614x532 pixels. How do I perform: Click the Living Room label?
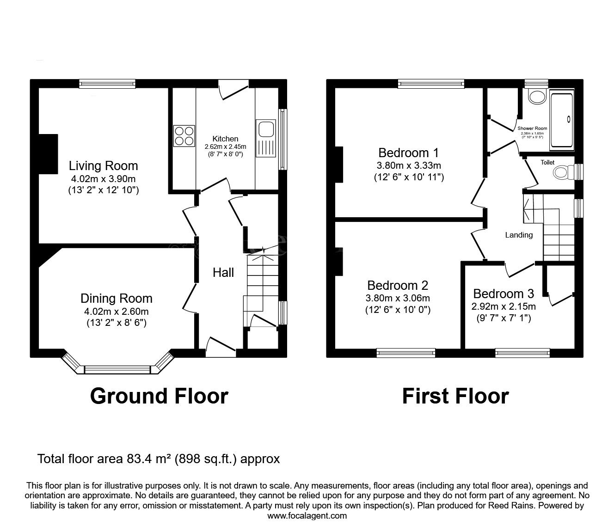(103, 165)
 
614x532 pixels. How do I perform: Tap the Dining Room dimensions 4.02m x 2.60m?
(116, 311)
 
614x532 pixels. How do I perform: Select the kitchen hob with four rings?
(184, 136)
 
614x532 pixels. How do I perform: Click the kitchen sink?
(265, 129)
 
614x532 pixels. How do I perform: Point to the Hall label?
(223, 273)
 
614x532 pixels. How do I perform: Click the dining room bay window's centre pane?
(117, 369)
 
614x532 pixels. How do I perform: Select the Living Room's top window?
(107, 83)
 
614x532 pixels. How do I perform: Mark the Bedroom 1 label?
(408, 153)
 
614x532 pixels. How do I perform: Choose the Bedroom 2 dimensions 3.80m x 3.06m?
(398, 298)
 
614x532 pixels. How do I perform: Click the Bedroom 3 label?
(503, 294)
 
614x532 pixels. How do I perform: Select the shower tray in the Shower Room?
(561, 120)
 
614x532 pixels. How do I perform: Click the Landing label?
(518, 235)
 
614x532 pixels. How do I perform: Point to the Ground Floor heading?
(159, 396)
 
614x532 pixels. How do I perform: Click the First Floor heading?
(455, 396)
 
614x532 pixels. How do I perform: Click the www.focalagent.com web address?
(307, 516)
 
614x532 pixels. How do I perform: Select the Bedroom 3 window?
(522, 353)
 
